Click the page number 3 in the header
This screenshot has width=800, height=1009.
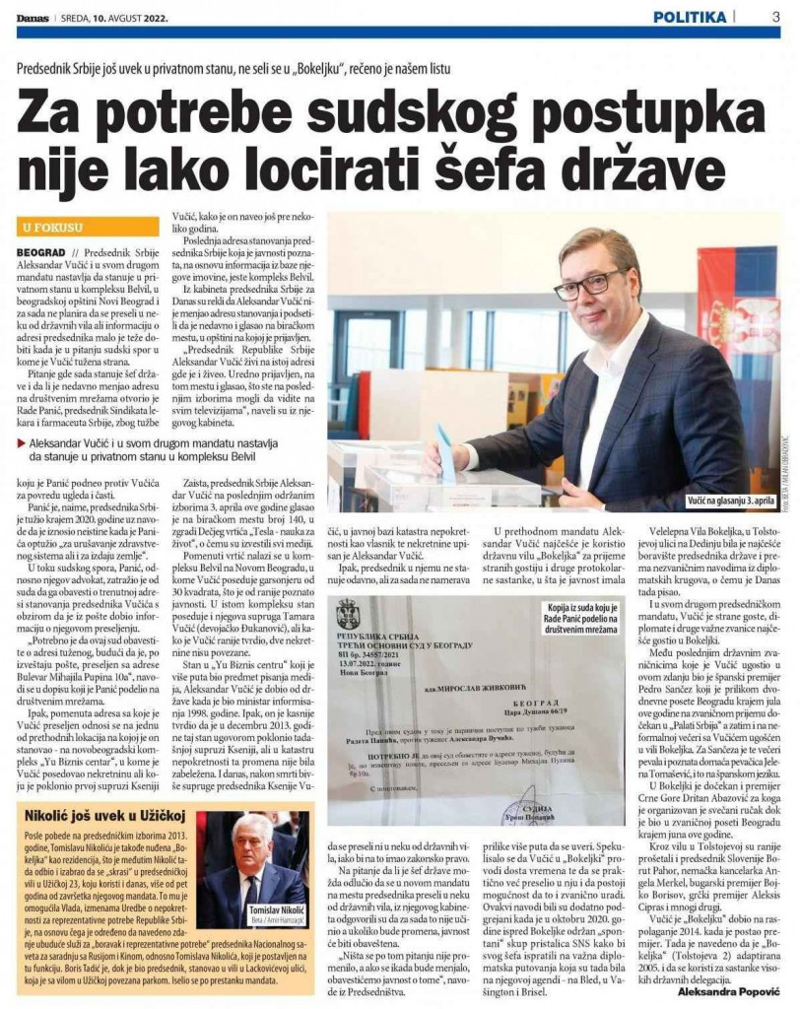click(x=775, y=16)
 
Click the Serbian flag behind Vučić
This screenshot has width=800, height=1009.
click(x=741, y=315)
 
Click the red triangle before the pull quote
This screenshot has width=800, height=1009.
click(x=22, y=442)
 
